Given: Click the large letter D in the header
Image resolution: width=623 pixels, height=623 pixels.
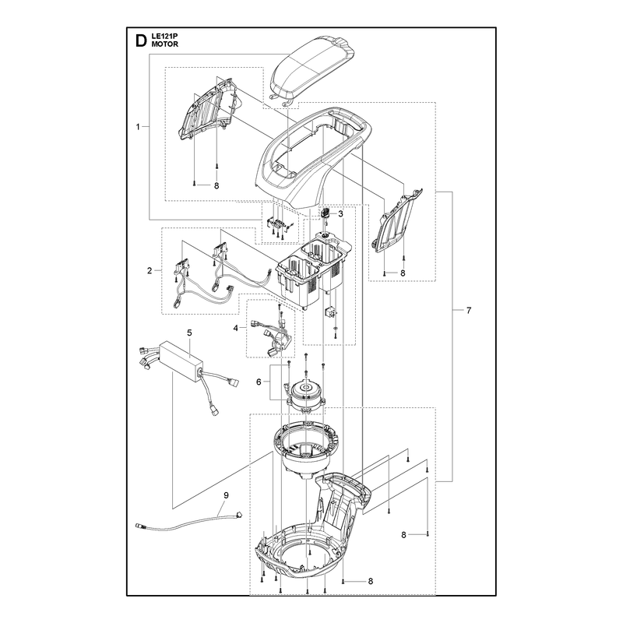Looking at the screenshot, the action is pyautogui.click(x=141, y=40).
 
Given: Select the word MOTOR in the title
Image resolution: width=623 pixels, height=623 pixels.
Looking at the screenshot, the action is pyautogui.click(x=165, y=44).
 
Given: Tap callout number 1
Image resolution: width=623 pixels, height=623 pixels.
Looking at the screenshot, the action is pyautogui.click(x=138, y=127).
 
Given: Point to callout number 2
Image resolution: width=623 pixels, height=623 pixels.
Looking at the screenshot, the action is pyautogui.click(x=150, y=270).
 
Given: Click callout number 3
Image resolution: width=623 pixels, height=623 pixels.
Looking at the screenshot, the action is pyautogui.click(x=340, y=213).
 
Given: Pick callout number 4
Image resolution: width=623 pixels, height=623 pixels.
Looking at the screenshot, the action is pyautogui.click(x=236, y=328).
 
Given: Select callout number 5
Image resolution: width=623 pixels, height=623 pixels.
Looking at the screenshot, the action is pyautogui.click(x=189, y=333).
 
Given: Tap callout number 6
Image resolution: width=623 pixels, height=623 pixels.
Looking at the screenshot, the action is pyautogui.click(x=259, y=382).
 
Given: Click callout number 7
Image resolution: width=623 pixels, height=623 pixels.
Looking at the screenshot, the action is pyautogui.click(x=469, y=310).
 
